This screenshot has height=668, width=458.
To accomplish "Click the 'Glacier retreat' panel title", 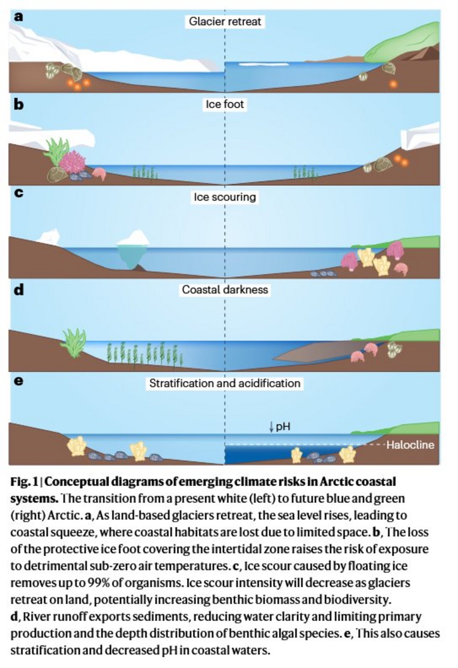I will click(x=225, y=22).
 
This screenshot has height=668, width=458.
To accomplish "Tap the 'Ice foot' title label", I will click(x=225, y=105).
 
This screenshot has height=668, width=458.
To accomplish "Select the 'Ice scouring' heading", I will click(x=225, y=197).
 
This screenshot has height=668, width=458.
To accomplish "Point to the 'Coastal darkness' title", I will click(x=225, y=289).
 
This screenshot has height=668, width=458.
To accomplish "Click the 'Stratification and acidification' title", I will click(x=225, y=383).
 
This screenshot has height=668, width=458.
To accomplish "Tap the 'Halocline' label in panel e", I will click(x=410, y=445).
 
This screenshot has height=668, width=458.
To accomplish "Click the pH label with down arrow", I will click(x=280, y=427).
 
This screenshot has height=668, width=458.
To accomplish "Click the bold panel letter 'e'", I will click(x=19, y=381).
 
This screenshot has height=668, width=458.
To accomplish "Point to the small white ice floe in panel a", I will click(x=264, y=64).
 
